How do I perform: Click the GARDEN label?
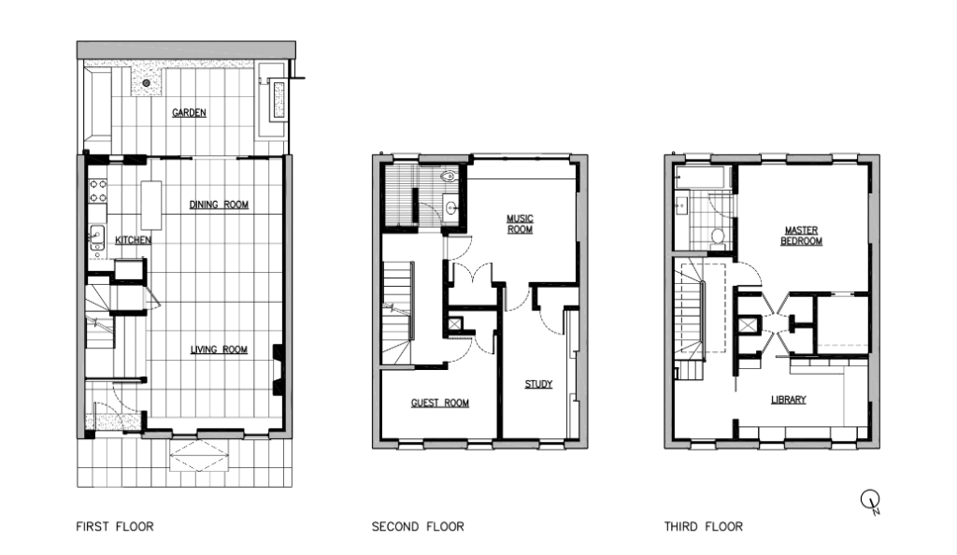tap(189, 113)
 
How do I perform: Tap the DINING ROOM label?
tap(219, 205)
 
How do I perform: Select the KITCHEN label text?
tap(133, 240)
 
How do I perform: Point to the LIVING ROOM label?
tap(219, 350)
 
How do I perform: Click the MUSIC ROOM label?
tap(520, 224)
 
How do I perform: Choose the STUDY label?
tap(537, 384)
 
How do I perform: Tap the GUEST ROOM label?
tap(439, 404)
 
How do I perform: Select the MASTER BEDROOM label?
tap(802, 235)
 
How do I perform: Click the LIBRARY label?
tap(788, 400)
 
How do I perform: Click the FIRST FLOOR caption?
tap(114, 527)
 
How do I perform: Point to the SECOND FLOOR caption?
tap(417, 527)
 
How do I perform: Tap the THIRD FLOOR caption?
tap(703, 527)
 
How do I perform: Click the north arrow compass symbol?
tap(870, 502)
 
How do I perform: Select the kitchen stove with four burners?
tap(97, 191)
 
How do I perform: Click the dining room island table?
tap(151, 205)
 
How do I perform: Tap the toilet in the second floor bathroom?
tap(447, 175)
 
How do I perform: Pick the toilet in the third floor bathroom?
tap(718, 235)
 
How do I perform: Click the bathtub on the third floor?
tap(701, 177)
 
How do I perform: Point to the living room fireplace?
tap(278, 368)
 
